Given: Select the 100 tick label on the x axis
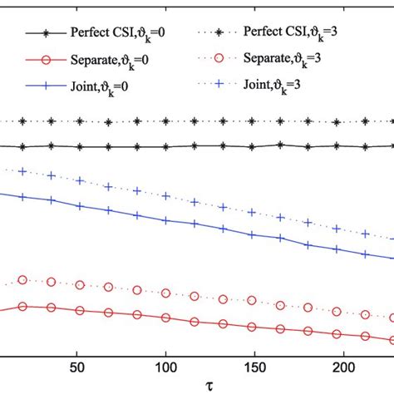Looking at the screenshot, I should [x=166, y=367].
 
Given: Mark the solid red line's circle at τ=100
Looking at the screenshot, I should [x=166, y=318].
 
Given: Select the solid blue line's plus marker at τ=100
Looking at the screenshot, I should [x=166, y=221].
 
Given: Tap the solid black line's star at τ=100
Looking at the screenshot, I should [x=165, y=146].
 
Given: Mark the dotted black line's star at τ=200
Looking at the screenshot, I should [x=337, y=122].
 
